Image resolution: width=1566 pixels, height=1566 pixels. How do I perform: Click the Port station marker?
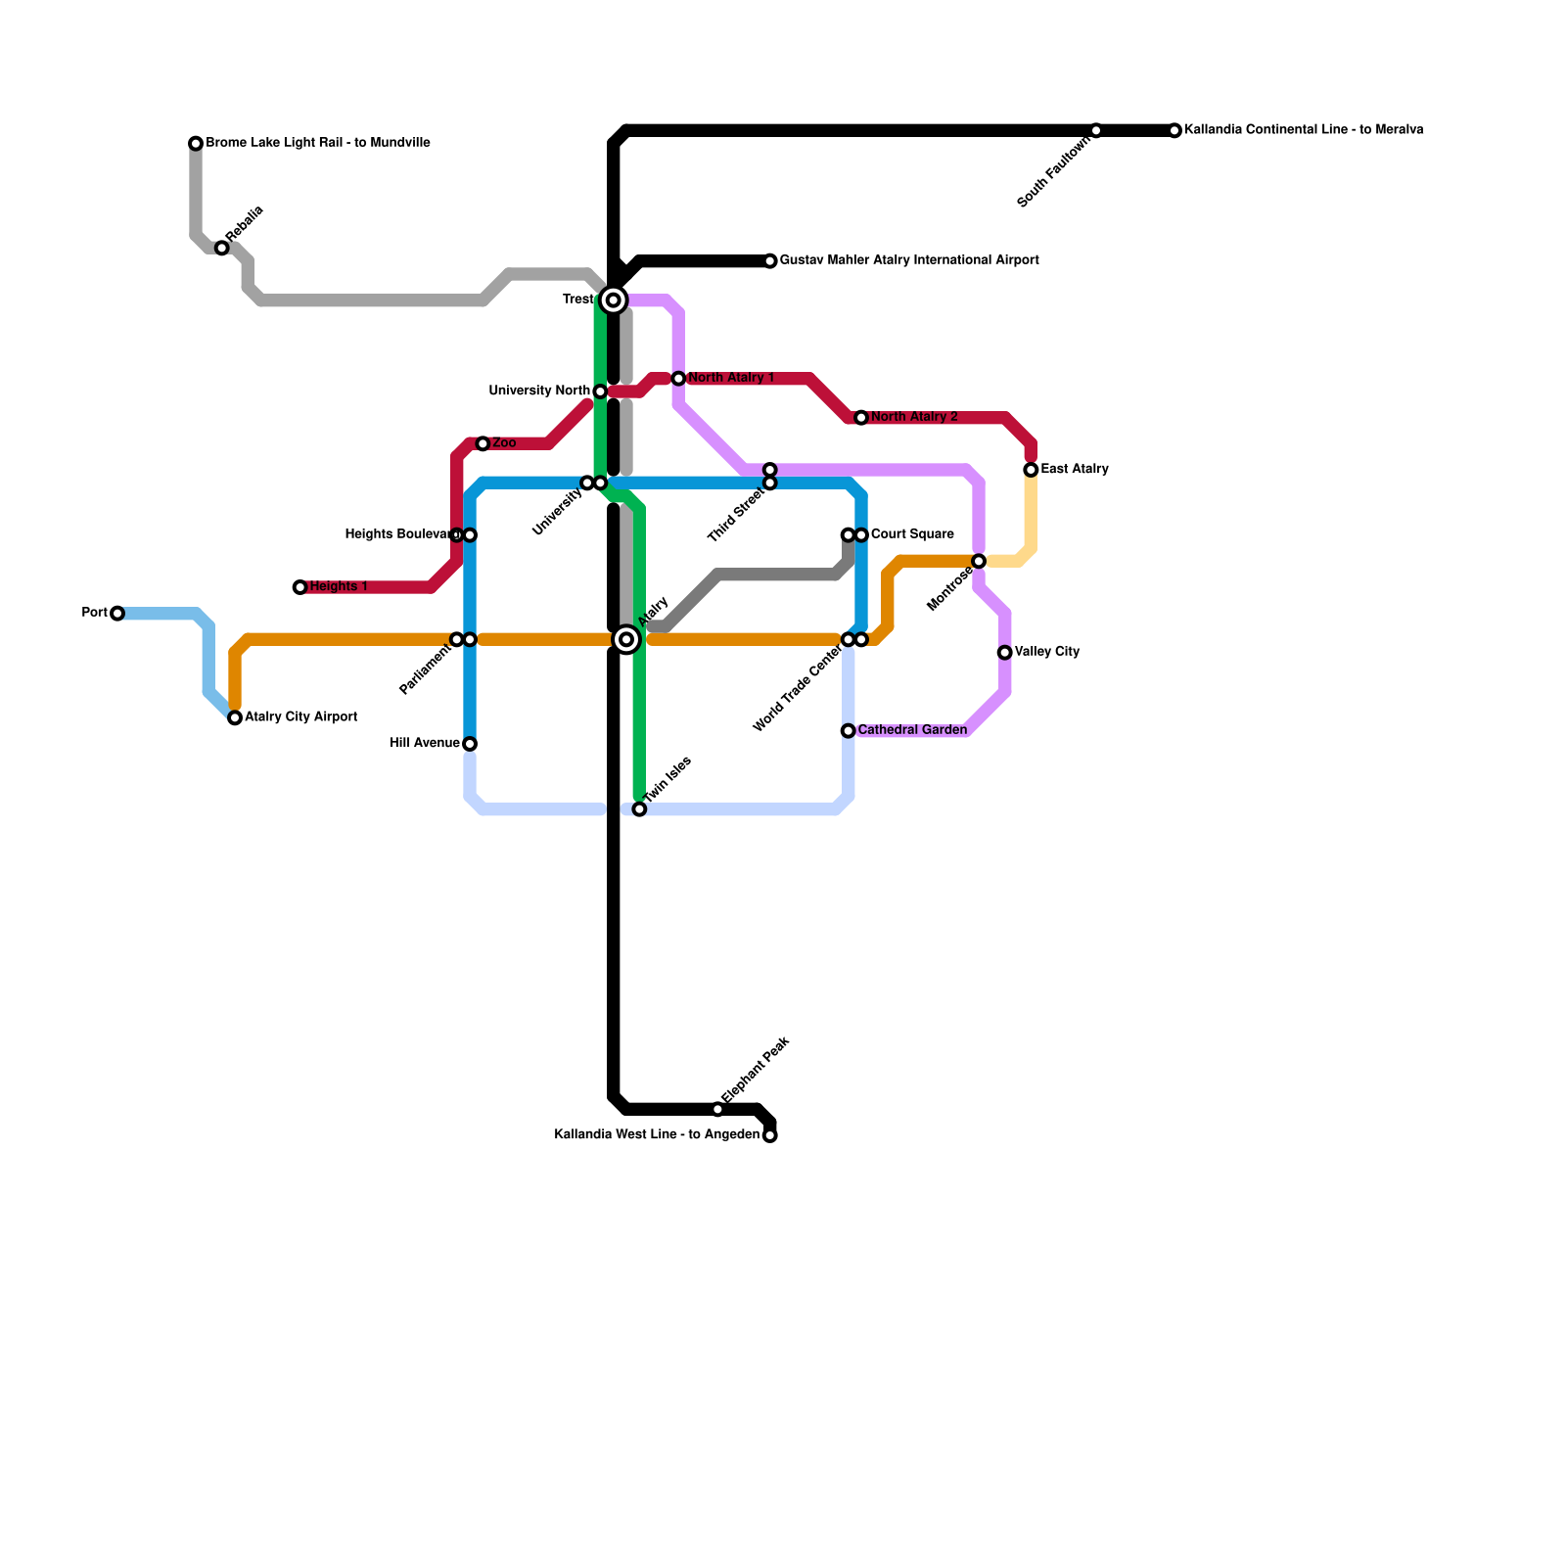tap(117, 614)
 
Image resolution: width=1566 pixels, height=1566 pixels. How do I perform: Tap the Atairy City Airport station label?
tap(300, 717)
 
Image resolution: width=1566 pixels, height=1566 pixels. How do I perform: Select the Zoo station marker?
tap(483, 444)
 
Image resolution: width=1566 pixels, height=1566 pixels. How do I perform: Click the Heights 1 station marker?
tap(300, 587)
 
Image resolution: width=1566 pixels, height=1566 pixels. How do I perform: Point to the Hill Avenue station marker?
tap(470, 744)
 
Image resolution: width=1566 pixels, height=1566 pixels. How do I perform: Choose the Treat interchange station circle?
tap(614, 300)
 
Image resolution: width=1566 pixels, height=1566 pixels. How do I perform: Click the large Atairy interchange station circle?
tap(626, 639)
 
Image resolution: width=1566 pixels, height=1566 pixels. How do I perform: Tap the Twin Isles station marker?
tap(639, 809)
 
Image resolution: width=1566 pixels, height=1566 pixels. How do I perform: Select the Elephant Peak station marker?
tap(717, 1109)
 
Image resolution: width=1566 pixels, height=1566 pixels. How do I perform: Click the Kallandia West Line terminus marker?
tap(770, 1135)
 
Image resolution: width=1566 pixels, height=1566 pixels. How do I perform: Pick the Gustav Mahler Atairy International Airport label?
tap(909, 260)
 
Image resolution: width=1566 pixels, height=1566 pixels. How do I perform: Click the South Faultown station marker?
tap(1096, 130)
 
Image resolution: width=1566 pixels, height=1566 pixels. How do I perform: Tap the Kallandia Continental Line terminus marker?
tap(1174, 130)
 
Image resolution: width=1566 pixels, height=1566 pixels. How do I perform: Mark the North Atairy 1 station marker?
tap(678, 379)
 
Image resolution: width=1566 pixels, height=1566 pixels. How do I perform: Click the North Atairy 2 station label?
tap(914, 418)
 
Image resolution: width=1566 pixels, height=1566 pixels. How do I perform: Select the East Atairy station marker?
tap(1031, 470)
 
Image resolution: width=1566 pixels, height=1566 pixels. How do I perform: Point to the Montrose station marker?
tap(979, 561)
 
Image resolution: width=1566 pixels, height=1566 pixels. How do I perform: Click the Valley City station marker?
tap(1005, 653)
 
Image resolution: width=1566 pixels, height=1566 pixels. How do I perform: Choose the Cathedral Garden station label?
tap(912, 730)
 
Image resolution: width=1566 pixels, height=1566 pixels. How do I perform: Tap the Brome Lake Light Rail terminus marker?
tap(196, 144)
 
